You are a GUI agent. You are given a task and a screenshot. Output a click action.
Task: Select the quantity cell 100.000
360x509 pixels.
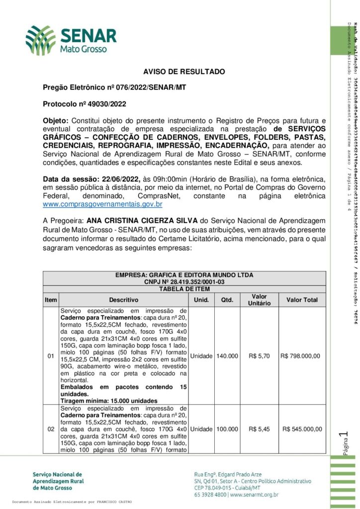tap(227, 429)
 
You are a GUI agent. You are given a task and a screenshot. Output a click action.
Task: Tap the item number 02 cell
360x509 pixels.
tap(51, 429)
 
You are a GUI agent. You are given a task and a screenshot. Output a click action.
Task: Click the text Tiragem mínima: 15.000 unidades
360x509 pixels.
tap(109, 401)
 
